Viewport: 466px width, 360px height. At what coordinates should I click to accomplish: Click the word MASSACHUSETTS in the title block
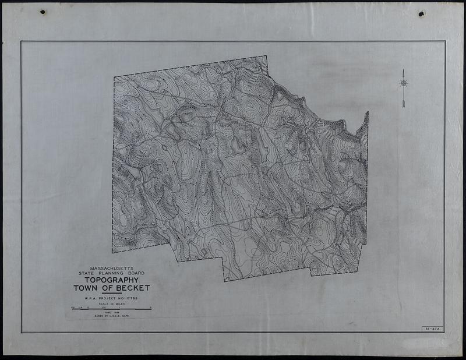point(111,268)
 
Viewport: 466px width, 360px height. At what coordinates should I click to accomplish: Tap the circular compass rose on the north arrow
point(403,83)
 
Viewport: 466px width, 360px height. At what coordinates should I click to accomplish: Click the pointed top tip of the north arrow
point(403,70)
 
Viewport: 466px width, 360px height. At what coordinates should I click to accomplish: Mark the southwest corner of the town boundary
point(113,252)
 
